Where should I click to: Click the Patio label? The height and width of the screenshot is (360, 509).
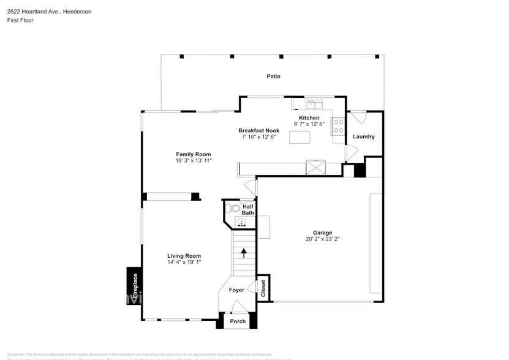point(273,77)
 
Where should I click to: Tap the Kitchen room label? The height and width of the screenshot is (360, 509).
point(309,118)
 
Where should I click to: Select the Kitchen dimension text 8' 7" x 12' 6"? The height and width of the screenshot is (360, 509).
point(309,124)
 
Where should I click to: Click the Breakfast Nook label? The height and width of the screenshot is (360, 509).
point(258,130)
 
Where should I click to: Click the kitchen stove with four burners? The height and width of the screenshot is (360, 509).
point(338,126)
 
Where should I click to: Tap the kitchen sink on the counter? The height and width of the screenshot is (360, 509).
point(314,103)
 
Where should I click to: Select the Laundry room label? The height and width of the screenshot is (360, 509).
point(363,137)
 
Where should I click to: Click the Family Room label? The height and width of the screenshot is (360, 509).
point(193,154)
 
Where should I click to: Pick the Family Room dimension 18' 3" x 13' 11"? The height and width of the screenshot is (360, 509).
point(193,161)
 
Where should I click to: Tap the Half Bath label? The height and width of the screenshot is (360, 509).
point(247,210)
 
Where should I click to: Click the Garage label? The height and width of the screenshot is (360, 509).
point(322,233)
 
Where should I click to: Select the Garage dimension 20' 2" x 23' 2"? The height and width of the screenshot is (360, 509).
point(322,239)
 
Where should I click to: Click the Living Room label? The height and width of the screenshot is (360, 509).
point(184,256)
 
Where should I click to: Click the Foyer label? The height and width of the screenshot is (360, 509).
point(236,290)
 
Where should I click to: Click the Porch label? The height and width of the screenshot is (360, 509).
point(238,321)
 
